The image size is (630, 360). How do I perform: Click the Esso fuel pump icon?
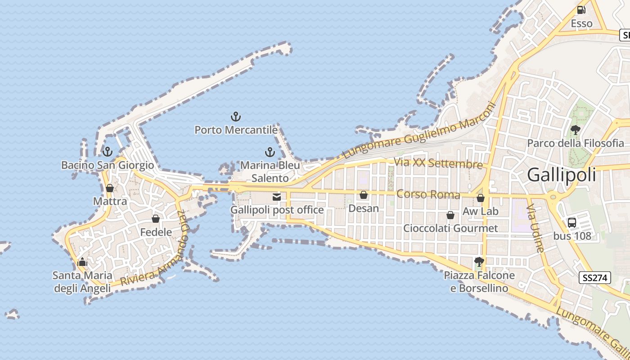581,9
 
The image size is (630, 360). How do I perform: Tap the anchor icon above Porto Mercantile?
236,117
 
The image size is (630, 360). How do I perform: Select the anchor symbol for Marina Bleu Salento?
270,152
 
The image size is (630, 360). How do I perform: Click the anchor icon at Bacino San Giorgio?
107,152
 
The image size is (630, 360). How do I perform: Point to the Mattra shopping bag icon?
110,188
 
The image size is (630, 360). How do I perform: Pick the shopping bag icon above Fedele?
156,219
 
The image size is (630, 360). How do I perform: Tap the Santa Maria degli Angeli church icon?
82,262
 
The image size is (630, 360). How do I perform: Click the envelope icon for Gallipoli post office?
277,197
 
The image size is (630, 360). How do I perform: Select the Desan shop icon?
364,195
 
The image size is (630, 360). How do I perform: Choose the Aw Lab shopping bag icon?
481,198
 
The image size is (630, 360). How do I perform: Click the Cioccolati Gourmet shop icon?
450,216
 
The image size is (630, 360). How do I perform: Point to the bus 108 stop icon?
572,222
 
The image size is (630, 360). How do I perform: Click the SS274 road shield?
595,278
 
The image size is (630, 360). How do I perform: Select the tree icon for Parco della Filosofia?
575,130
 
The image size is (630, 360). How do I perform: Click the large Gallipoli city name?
562,175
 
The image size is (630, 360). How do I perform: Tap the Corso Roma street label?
428,194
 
